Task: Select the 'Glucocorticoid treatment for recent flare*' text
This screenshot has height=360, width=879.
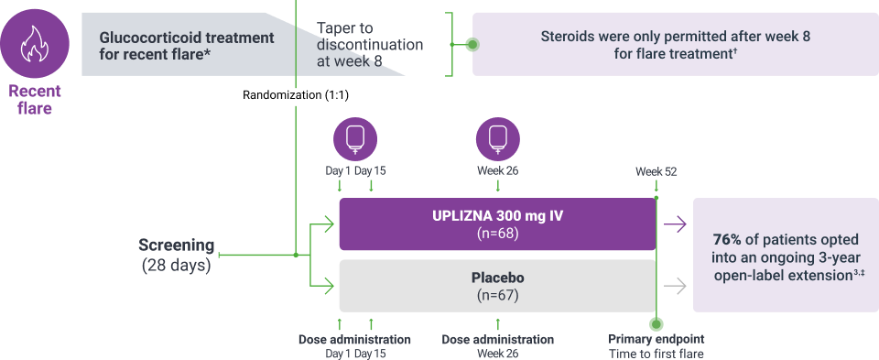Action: pos(186,45)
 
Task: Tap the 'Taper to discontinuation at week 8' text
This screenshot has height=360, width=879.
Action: pos(369,45)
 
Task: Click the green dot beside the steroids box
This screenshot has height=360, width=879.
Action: pos(472,44)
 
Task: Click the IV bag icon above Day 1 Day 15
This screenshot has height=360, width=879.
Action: pos(354,139)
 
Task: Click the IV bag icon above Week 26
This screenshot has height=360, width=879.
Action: pos(497,139)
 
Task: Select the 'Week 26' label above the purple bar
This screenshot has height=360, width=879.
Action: pos(497,171)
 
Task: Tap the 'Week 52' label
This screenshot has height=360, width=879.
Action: pos(657,171)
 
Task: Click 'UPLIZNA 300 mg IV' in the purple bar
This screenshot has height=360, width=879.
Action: pos(497,216)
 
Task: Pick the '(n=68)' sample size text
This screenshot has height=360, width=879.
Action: pos(497,234)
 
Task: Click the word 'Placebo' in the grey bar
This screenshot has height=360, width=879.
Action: pos(497,277)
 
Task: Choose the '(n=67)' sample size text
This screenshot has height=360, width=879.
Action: pos(497,295)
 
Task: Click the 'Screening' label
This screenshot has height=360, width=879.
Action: pos(177,245)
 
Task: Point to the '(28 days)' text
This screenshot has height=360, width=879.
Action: pos(177,266)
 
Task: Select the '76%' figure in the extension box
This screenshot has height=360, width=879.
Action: pos(727,239)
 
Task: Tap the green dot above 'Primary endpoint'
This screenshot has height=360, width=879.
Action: pos(657,324)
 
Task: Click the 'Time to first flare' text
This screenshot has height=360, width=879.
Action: pos(657,354)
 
